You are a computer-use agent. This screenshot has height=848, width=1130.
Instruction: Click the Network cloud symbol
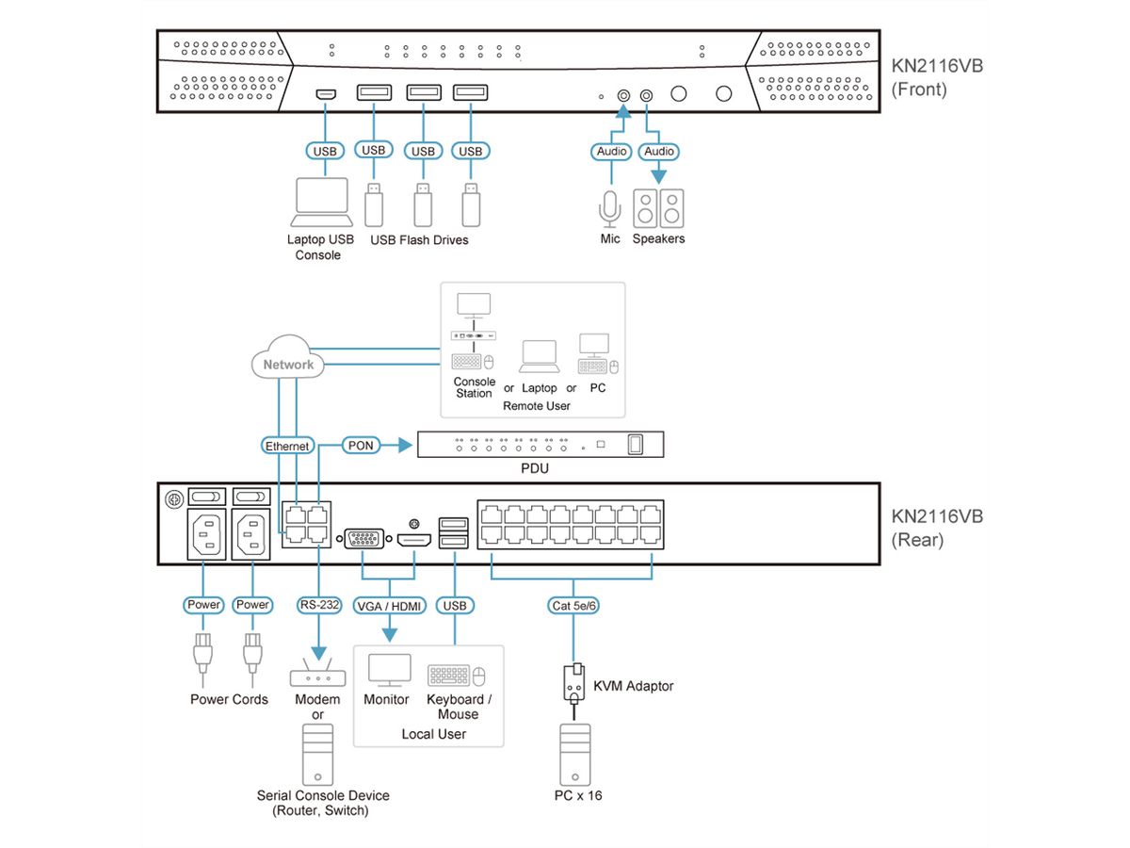point(288,364)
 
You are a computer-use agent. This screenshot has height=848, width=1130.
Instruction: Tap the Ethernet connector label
point(288,445)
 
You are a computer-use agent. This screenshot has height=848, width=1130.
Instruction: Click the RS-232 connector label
point(318,604)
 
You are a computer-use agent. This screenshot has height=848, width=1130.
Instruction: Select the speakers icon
point(659,207)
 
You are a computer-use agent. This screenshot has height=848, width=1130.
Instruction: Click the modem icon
point(318,675)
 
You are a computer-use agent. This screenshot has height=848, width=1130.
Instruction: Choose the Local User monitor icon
point(388,670)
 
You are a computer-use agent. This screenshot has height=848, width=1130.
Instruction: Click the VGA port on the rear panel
point(364,540)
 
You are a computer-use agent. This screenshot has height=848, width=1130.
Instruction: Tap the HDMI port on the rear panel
point(413,540)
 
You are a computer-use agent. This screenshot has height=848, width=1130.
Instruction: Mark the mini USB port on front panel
point(325,94)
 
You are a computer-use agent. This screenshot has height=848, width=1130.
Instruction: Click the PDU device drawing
point(541,444)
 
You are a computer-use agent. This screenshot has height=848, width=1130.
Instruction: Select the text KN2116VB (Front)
point(937,78)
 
